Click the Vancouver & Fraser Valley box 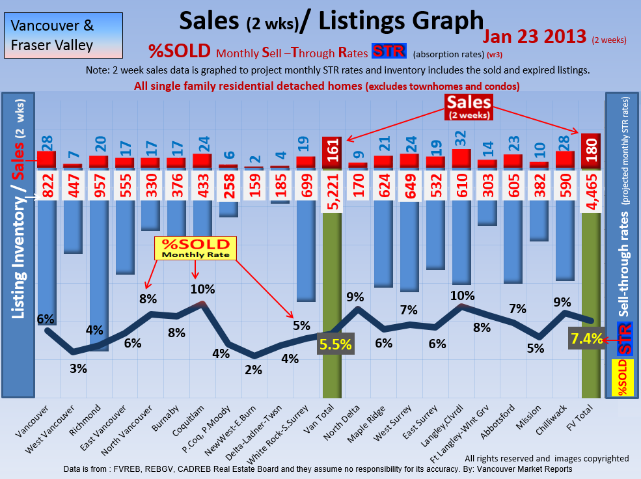(62, 35)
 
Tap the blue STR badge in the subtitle (389, 51)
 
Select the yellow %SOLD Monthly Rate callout (195, 248)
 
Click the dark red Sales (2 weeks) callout (469, 106)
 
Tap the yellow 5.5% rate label (336, 344)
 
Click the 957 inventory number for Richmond (99, 185)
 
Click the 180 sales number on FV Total (591, 151)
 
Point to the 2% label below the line (253, 370)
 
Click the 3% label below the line (78, 368)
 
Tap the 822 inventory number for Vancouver (47, 185)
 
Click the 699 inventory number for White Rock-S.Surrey (306, 185)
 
